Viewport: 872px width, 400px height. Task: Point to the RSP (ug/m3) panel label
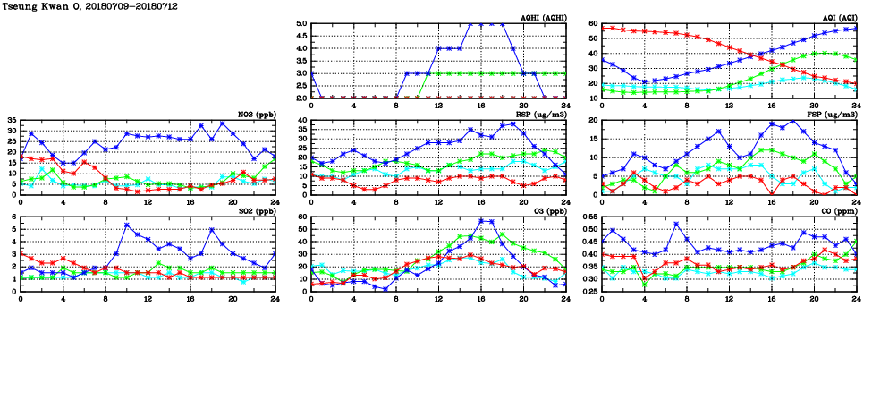tap(542, 114)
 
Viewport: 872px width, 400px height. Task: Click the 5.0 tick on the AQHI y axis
tap(301, 24)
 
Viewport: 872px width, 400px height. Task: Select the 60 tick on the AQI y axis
tap(594, 24)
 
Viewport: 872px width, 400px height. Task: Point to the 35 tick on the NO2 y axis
tap(12, 120)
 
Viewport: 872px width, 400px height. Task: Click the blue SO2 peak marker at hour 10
tap(127, 226)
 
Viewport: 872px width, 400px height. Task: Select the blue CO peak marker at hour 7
tap(676, 224)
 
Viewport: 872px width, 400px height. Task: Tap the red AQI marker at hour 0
tap(602, 29)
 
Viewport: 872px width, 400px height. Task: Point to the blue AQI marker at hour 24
tap(856, 29)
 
